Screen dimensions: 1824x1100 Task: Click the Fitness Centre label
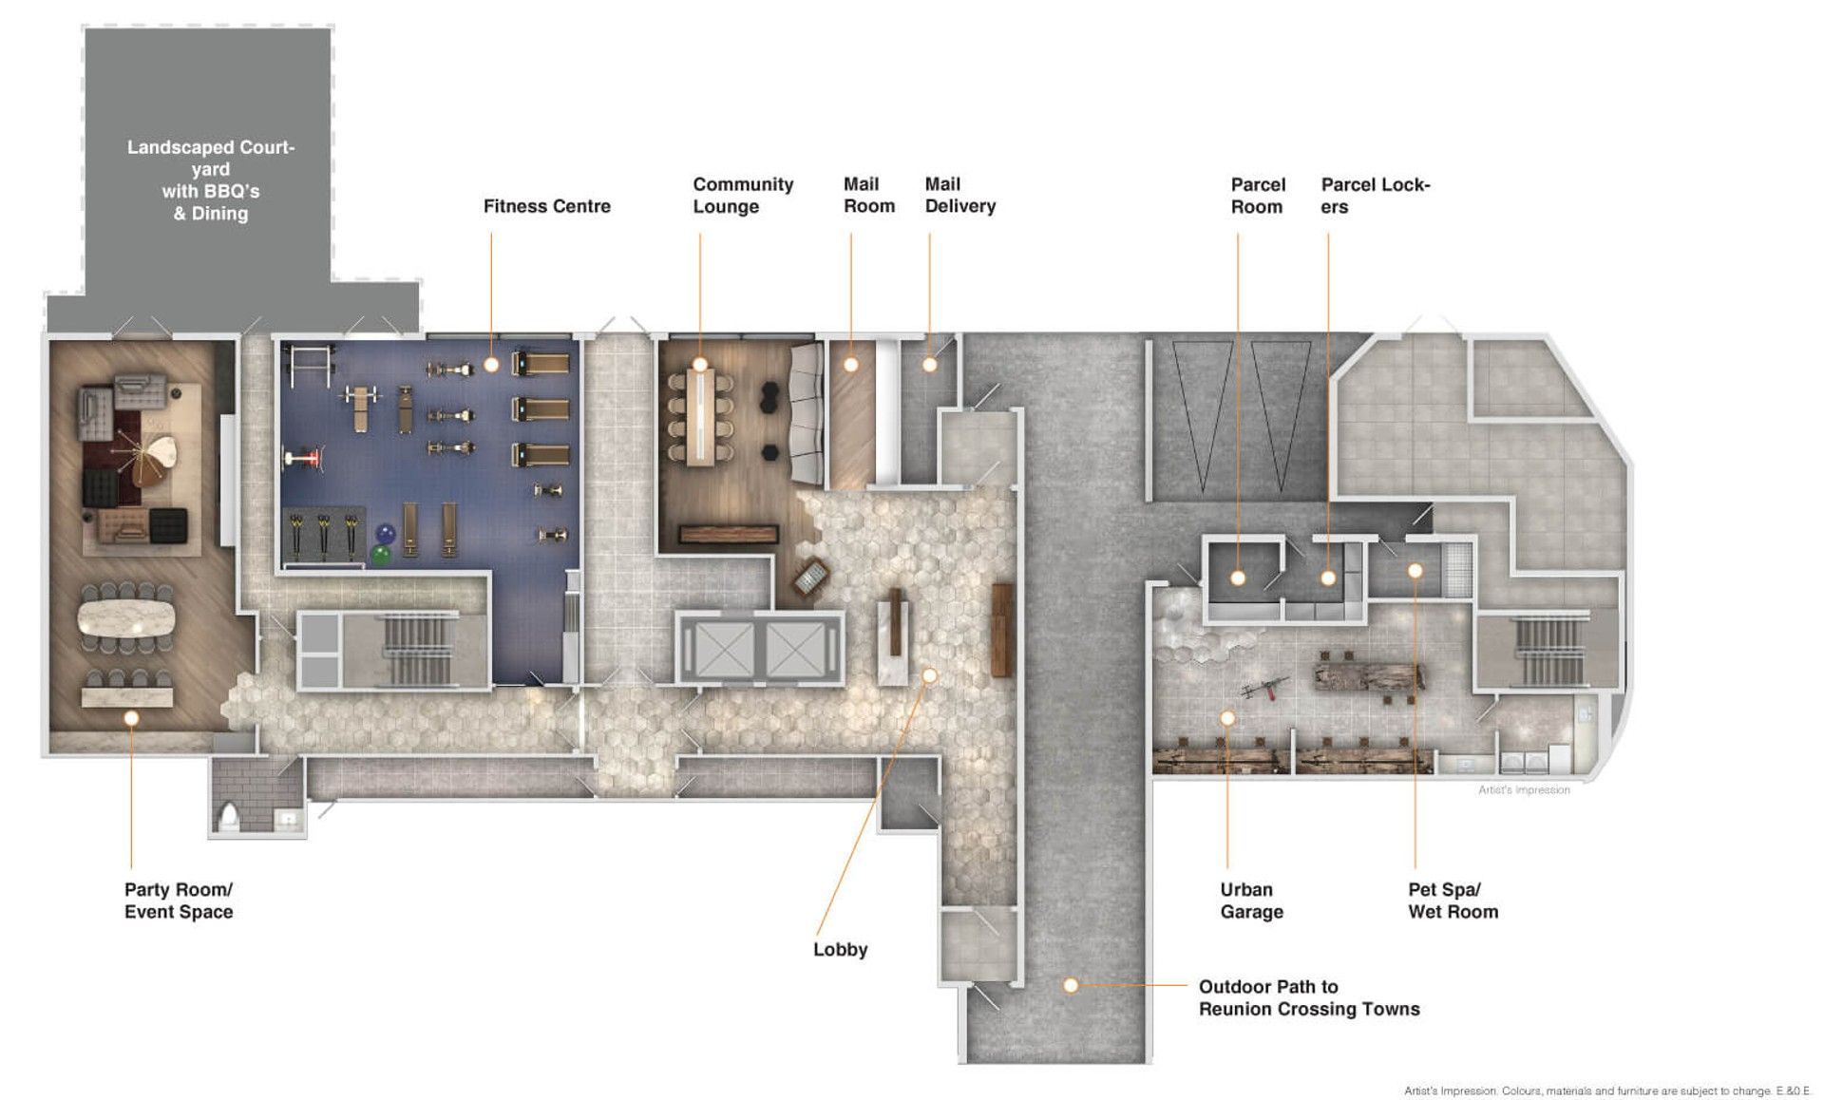pyautogui.click(x=546, y=206)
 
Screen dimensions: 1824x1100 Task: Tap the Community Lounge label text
pyautogui.click(x=743, y=196)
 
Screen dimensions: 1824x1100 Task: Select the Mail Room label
pyautogui.click(x=869, y=195)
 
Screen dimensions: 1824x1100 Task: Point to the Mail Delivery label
pyautogui.click(x=960, y=195)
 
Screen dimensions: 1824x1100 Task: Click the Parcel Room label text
pyautogui.click(x=1258, y=196)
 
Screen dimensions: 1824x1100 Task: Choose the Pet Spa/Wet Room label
pyautogui.click(x=1453, y=901)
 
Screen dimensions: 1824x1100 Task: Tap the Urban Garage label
pyautogui.click(x=1251, y=901)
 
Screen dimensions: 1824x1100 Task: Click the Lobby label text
pyautogui.click(x=840, y=949)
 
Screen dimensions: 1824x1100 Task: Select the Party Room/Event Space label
pyautogui.click(x=179, y=901)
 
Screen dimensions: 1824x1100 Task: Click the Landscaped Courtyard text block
pyautogui.click(x=211, y=180)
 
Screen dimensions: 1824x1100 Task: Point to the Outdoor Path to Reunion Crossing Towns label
pyautogui.click(x=1309, y=997)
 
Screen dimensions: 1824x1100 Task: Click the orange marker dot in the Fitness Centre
pyautogui.click(x=491, y=364)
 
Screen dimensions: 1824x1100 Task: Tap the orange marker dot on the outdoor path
pyautogui.click(x=1071, y=986)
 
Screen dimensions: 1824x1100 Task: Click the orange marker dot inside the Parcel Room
pyautogui.click(x=1238, y=578)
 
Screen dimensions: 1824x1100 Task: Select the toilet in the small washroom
pyautogui.click(x=229, y=817)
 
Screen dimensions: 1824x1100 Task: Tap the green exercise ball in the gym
pyautogui.click(x=381, y=555)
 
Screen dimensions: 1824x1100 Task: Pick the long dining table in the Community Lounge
pyautogui.click(x=701, y=416)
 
